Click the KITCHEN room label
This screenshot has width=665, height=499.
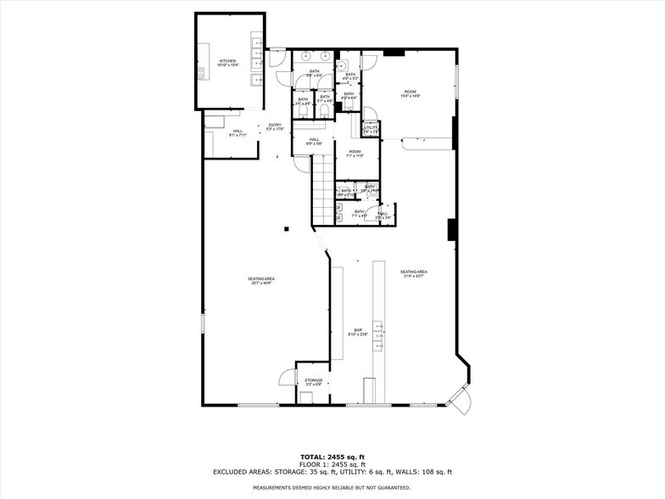(x=227, y=63)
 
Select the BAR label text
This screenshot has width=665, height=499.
(x=358, y=332)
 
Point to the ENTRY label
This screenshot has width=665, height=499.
(x=275, y=127)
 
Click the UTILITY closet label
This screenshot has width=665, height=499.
(x=370, y=130)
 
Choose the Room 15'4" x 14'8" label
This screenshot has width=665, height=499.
(x=410, y=93)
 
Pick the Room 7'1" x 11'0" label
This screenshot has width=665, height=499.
(x=355, y=154)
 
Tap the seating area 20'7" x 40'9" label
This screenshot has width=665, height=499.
(x=261, y=281)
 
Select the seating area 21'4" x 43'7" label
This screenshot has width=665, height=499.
(x=414, y=274)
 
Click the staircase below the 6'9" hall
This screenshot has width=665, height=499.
(x=322, y=191)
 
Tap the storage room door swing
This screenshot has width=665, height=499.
(x=287, y=378)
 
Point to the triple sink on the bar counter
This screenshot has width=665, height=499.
(x=378, y=335)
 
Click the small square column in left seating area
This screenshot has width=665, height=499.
(x=287, y=228)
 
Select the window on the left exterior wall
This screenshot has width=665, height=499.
(x=203, y=323)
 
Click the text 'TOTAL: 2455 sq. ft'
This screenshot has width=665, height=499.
(x=332, y=457)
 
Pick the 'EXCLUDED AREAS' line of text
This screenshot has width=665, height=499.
(x=332, y=472)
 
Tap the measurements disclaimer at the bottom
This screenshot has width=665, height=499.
(x=332, y=488)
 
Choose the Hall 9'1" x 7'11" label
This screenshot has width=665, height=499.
(x=237, y=132)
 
